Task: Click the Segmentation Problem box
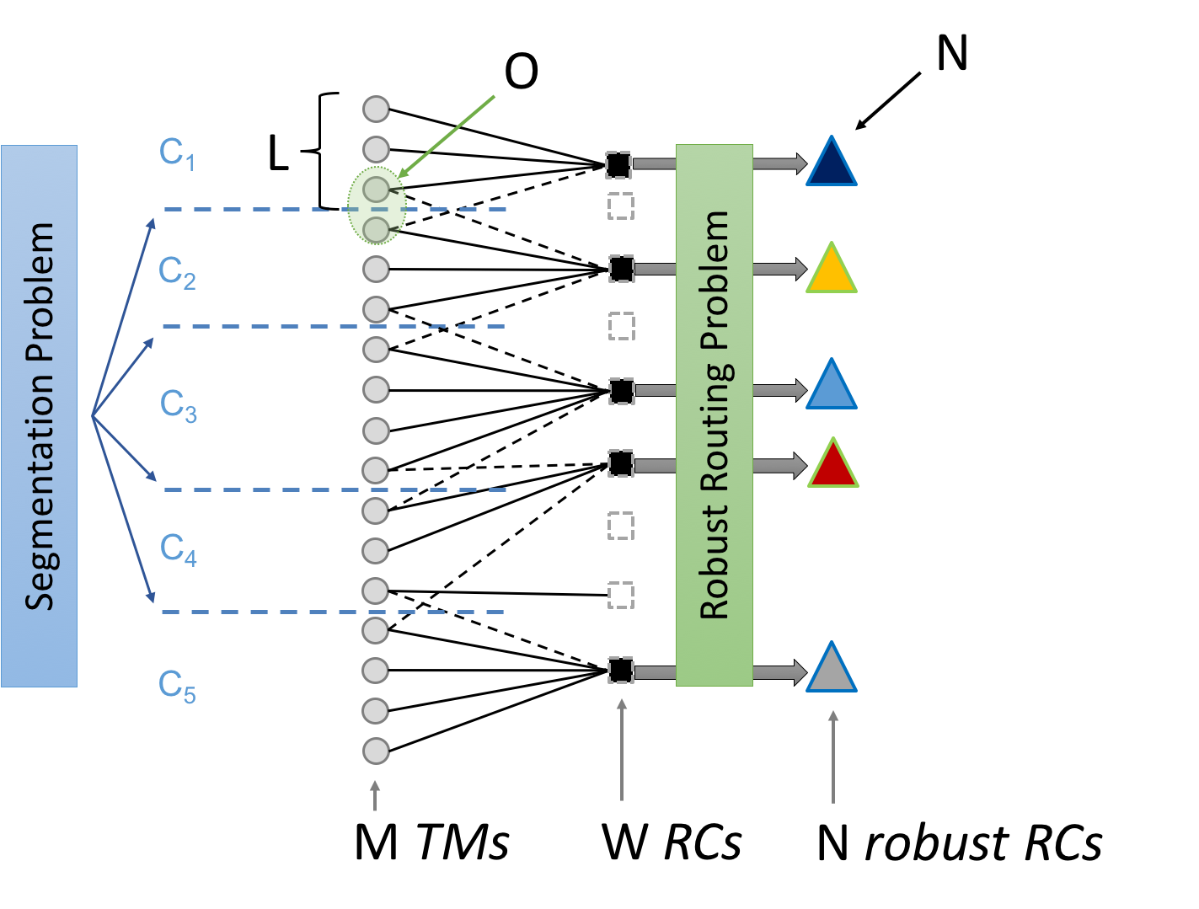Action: pyautogui.click(x=39, y=415)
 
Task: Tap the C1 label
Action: pyautogui.click(x=177, y=154)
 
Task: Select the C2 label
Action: pyautogui.click(x=177, y=273)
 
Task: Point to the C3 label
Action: pyautogui.click(x=179, y=406)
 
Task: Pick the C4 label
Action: pyautogui.click(x=179, y=549)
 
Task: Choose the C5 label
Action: pyautogui.click(x=177, y=686)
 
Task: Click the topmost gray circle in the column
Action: pyautogui.click(x=376, y=109)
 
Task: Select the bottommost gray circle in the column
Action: pyautogui.click(x=376, y=751)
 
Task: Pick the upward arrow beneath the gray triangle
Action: pyautogui.click(x=832, y=756)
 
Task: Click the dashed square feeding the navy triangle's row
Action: pyautogui.click(x=618, y=165)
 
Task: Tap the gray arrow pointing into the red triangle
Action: pyautogui.click(x=779, y=465)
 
